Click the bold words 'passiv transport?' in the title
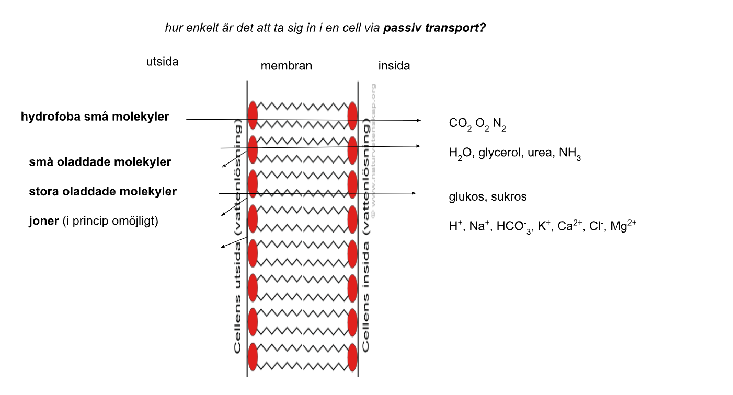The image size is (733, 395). pos(434,28)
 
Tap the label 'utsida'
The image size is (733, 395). pos(162,62)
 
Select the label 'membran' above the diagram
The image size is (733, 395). pos(286,66)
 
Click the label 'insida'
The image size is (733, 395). pos(394,66)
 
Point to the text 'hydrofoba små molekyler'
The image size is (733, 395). pos(95,117)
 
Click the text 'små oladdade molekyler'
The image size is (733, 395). pos(100,162)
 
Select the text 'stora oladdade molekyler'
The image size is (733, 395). pos(102,191)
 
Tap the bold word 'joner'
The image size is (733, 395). pos(43,221)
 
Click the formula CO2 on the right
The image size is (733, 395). pos(460,124)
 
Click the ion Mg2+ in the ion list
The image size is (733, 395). pos(623,226)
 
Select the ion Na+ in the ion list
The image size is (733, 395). pos(478,226)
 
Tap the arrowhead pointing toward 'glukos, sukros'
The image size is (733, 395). pos(414,193)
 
